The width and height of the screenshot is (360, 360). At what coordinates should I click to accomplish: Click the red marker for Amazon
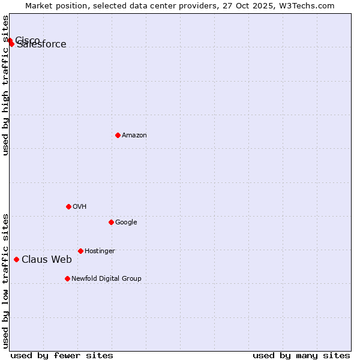point(118,135)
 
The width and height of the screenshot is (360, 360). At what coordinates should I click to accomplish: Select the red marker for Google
point(111,222)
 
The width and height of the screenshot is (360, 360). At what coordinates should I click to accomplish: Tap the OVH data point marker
point(68,206)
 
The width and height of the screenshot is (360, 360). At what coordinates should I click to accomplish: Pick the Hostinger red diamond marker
point(80,251)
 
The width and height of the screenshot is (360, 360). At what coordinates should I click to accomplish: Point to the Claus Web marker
point(16,259)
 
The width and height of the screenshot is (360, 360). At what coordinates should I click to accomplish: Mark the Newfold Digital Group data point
point(67,278)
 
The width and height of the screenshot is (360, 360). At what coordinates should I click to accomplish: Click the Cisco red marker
point(10,40)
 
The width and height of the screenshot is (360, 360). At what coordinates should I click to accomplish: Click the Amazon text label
point(134,136)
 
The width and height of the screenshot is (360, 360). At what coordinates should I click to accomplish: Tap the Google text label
point(126,223)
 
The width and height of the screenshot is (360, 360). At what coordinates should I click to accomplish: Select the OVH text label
point(80,207)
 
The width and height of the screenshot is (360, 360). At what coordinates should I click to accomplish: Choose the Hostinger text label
point(100,251)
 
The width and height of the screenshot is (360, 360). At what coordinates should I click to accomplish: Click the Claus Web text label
point(47,260)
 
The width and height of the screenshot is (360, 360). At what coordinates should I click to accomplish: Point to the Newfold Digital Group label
point(106,279)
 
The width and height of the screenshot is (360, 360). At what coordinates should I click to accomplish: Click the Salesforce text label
point(42,45)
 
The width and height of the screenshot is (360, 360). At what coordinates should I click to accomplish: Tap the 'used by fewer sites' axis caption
point(62,356)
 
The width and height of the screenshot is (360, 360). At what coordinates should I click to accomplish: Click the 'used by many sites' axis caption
point(301,356)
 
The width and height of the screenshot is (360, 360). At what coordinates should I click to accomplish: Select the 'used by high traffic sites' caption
point(6,85)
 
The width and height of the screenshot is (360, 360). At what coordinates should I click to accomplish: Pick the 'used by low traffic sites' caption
point(6,281)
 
